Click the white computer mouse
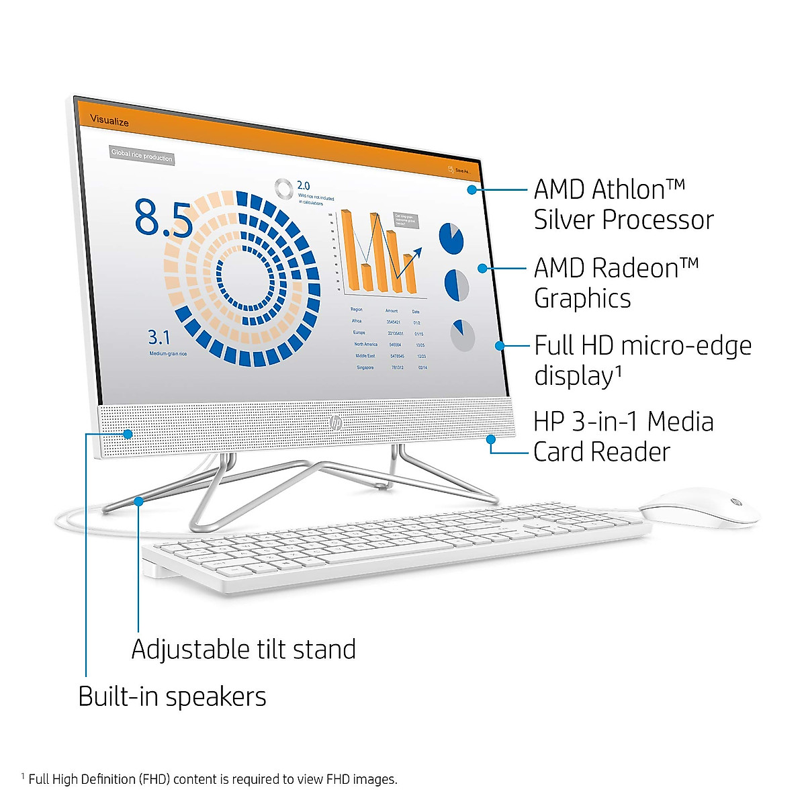click(699, 508)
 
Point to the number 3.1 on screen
click(159, 337)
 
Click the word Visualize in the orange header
click(109, 121)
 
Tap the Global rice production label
click(142, 155)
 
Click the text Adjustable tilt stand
click(243, 650)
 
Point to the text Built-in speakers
click(172, 697)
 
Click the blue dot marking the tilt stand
click(138, 500)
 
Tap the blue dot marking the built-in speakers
click(128, 434)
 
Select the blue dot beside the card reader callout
click(491, 439)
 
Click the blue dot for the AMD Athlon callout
click(472, 190)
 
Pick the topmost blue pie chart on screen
click(451, 238)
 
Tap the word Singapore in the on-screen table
click(365, 367)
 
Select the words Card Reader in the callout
click(602, 452)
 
